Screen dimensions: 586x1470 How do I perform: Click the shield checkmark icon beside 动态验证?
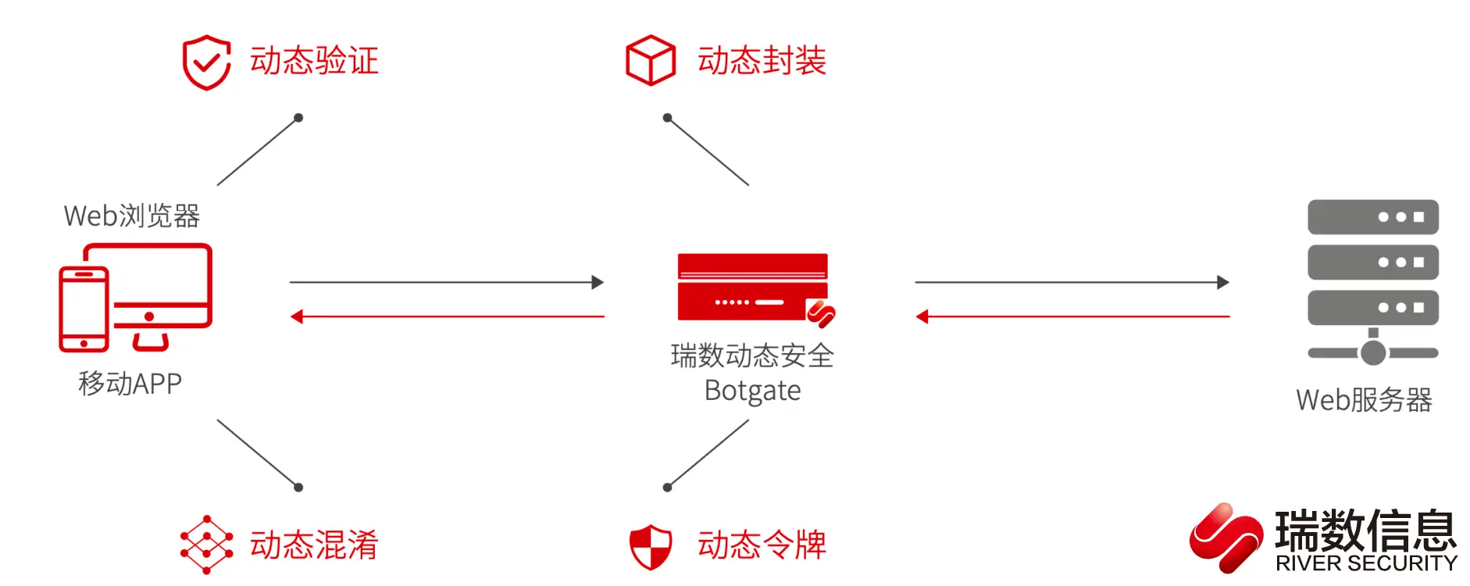click(206, 62)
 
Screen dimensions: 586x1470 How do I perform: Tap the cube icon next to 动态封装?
click(651, 60)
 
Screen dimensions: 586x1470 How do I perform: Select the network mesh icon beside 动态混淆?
click(206, 545)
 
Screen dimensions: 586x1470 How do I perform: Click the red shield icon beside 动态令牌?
click(651, 546)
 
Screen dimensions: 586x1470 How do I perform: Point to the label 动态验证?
click(314, 61)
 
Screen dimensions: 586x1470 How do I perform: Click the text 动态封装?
click(762, 61)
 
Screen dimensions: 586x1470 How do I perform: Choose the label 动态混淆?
click(314, 545)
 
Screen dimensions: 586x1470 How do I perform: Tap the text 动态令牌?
click(762, 545)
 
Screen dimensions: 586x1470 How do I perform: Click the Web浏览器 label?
click(132, 216)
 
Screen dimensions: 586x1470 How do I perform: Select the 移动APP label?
click(130, 384)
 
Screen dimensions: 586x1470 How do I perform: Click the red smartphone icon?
click(84, 309)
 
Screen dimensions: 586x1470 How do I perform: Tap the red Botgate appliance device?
click(753, 287)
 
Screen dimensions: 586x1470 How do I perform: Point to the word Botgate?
click(752, 390)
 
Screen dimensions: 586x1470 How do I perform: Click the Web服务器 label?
click(1364, 400)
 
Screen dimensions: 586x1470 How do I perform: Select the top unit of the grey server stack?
click(1372, 216)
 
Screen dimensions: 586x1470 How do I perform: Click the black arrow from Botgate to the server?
click(1072, 282)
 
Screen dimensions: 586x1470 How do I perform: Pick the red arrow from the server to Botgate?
click(1072, 316)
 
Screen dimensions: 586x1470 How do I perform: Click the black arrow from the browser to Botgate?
click(446, 282)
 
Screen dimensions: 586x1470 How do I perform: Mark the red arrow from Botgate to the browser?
click(446, 316)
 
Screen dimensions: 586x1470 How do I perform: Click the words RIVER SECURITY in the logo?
click(1366, 563)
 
